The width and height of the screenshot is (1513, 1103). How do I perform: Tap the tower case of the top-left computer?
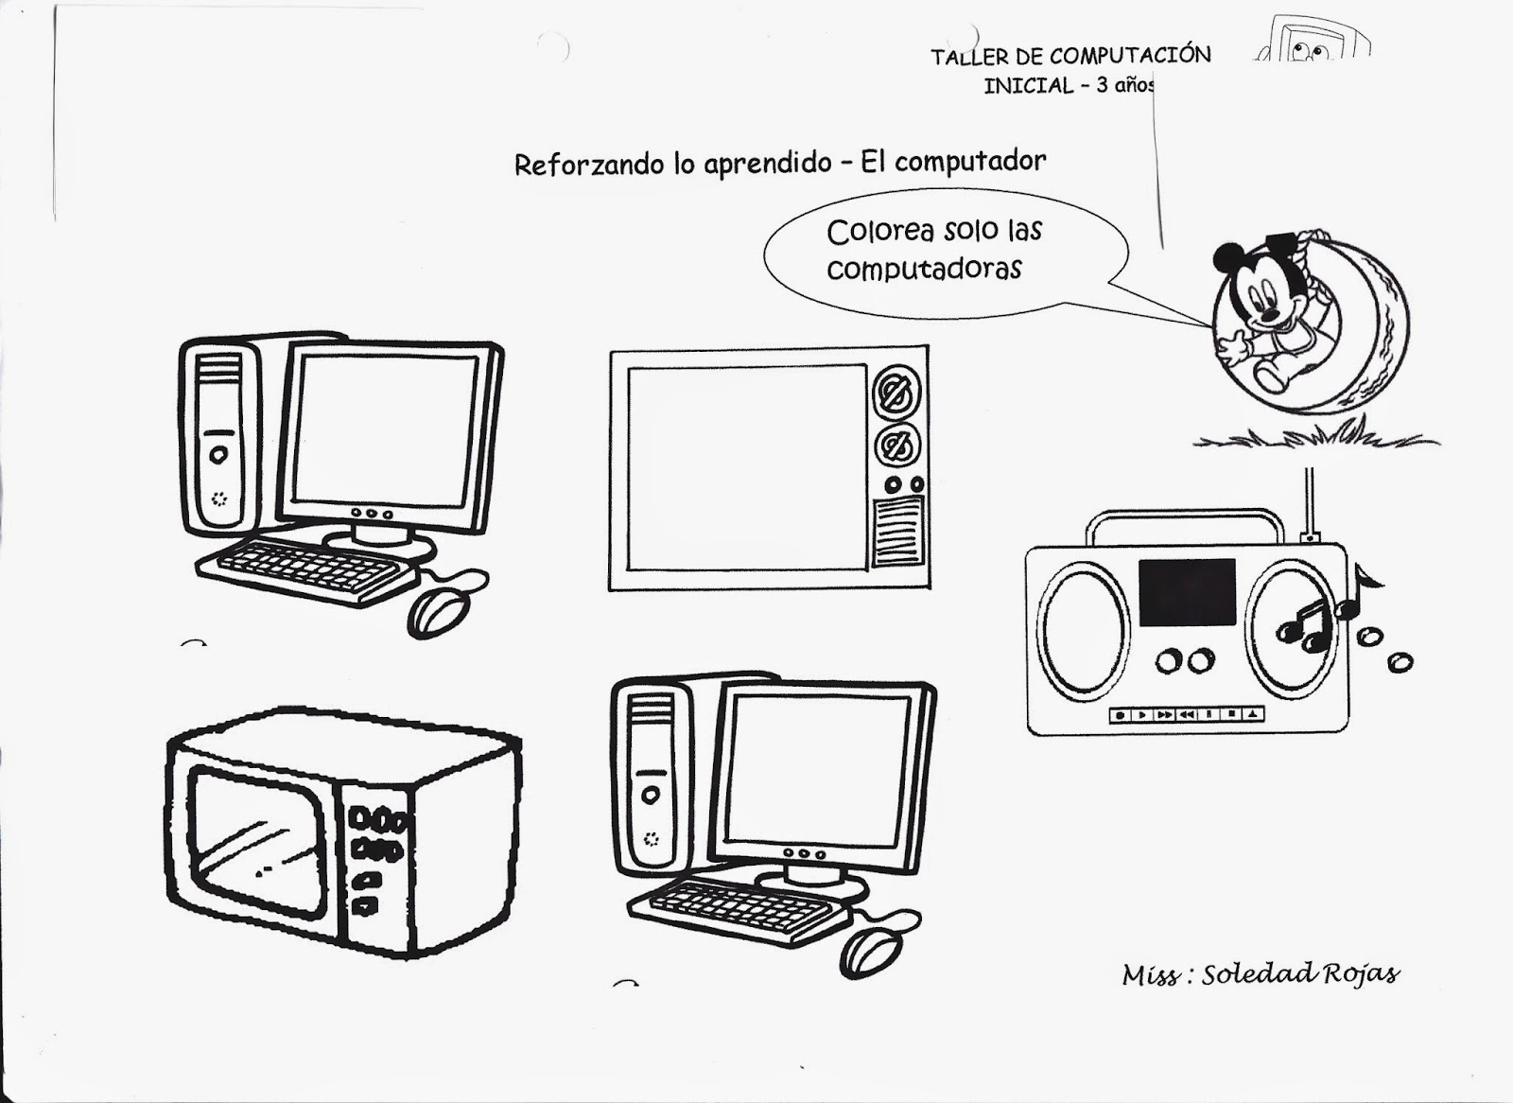click(218, 435)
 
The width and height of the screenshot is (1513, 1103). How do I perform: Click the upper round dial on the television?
click(897, 393)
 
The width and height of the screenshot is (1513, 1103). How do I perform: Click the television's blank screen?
click(747, 468)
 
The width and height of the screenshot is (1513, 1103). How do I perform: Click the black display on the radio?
click(1187, 592)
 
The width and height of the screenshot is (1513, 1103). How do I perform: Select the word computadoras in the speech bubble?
click(924, 269)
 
